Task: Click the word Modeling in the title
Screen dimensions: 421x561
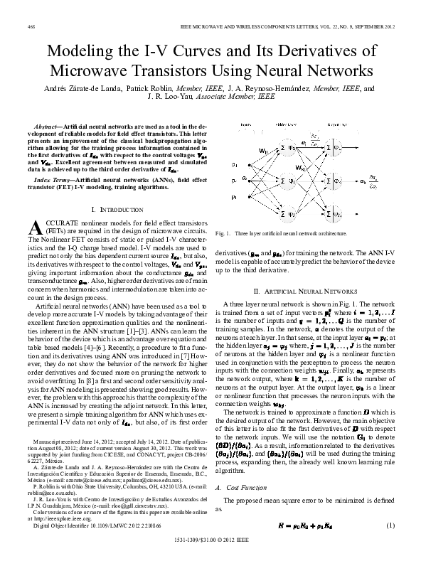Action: click(x=83, y=53)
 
